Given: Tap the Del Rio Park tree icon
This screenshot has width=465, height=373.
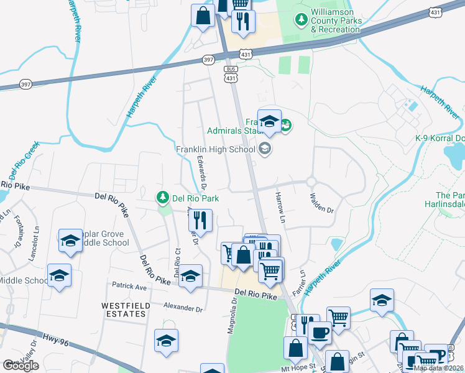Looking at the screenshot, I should tap(163, 198).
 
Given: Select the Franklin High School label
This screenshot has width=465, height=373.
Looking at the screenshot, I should tap(215, 149).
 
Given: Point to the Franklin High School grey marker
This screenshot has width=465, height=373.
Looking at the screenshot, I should tap(265, 149).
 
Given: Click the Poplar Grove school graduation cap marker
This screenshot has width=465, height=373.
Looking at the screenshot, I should tap(71, 241).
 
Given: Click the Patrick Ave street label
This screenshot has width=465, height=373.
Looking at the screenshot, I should tap(129, 287).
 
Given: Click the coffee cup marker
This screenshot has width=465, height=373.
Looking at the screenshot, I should tap(320, 333).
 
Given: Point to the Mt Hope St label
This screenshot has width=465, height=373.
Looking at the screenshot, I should tap(299, 369).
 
